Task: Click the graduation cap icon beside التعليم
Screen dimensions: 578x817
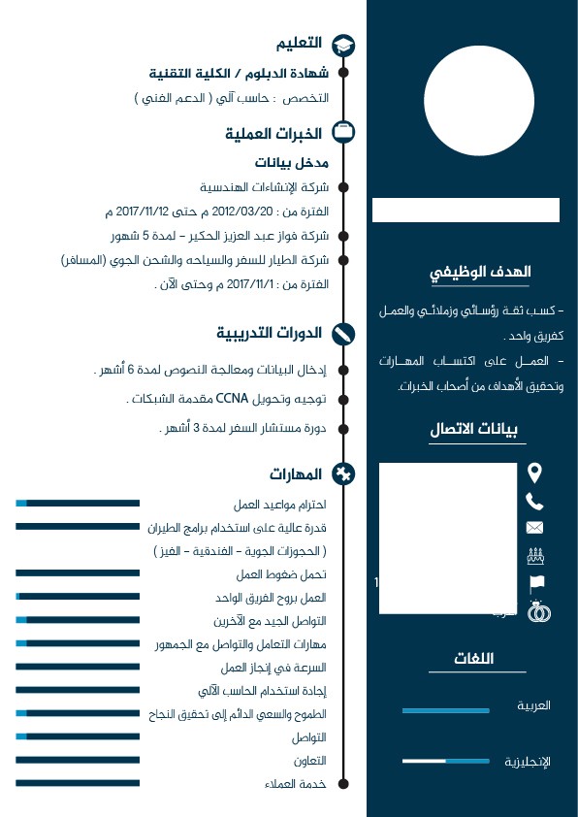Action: (x=343, y=46)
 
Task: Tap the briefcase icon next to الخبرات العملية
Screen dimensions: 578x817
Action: (x=343, y=132)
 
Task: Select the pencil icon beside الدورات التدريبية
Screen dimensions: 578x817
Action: (x=343, y=334)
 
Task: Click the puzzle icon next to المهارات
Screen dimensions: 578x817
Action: (x=343, y=474)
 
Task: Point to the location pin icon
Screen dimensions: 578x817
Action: (x=534, y=473)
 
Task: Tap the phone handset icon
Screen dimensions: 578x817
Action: (x=534, y=501)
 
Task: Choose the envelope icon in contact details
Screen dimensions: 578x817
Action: (x=534, y=528)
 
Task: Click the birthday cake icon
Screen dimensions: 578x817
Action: (x=534, y=556)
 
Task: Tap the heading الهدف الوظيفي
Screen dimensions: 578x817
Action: (x=481, y=273)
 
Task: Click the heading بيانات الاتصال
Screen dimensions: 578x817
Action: (x=478, y=430)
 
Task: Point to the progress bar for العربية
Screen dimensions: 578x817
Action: (x=445, y=711)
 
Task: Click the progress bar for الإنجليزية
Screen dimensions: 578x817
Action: (x=445, y=762)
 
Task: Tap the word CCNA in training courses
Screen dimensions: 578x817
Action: (x=233, y=399)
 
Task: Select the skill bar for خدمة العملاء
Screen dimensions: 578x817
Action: (x=78, y=781)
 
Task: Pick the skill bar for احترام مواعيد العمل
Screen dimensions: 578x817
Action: (x=78, y=503)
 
